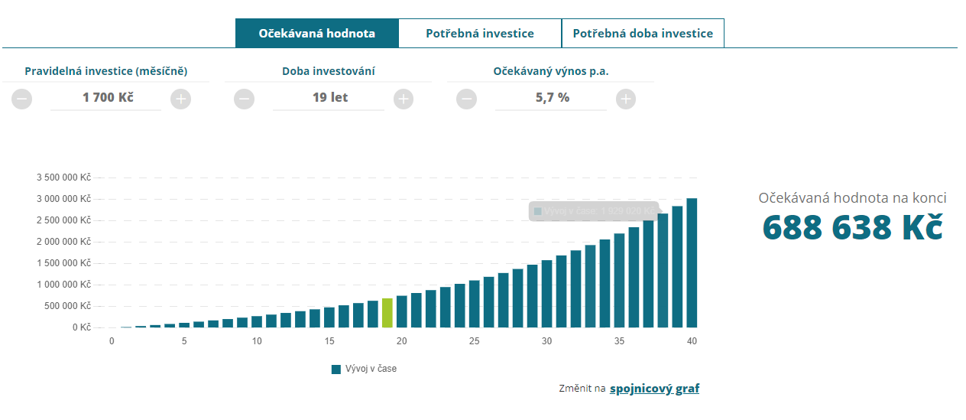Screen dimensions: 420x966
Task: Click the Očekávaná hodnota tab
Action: [316, 34]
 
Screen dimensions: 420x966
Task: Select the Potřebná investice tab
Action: [480, 34]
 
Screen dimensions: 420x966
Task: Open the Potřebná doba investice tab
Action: [643, 34]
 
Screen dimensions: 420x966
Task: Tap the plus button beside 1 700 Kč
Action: [180, 99]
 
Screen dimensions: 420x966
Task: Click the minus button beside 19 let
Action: [245, 99]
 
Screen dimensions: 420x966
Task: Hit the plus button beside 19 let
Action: [404, 99]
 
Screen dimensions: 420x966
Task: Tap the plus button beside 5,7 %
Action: [626, 99]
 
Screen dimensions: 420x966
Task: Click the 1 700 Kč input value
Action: [108, 98]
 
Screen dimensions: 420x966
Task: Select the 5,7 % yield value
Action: [552, 98]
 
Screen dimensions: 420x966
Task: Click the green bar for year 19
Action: [387, 313]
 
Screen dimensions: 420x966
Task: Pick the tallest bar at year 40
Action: [692, 262]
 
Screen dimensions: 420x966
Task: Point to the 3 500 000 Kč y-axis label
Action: [63, 177]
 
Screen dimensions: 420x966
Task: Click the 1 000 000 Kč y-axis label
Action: [63, 285]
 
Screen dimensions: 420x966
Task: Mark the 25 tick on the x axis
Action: [474, 341]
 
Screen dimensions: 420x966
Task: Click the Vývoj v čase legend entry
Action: [364, 369]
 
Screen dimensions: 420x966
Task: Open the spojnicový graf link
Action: [654, 389]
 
